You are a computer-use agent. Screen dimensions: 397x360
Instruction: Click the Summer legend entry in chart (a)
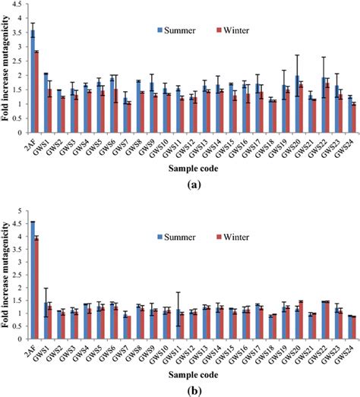click(179, 31)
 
